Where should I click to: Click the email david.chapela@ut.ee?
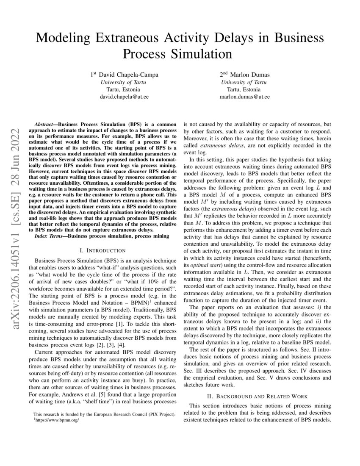point(125,97)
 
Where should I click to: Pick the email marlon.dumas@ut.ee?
point(244,97)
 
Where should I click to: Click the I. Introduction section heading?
point(102,251)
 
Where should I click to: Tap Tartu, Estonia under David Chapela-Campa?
point(125,89)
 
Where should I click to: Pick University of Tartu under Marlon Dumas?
point(244,82)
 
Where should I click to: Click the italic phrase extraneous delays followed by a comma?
point(219,145)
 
